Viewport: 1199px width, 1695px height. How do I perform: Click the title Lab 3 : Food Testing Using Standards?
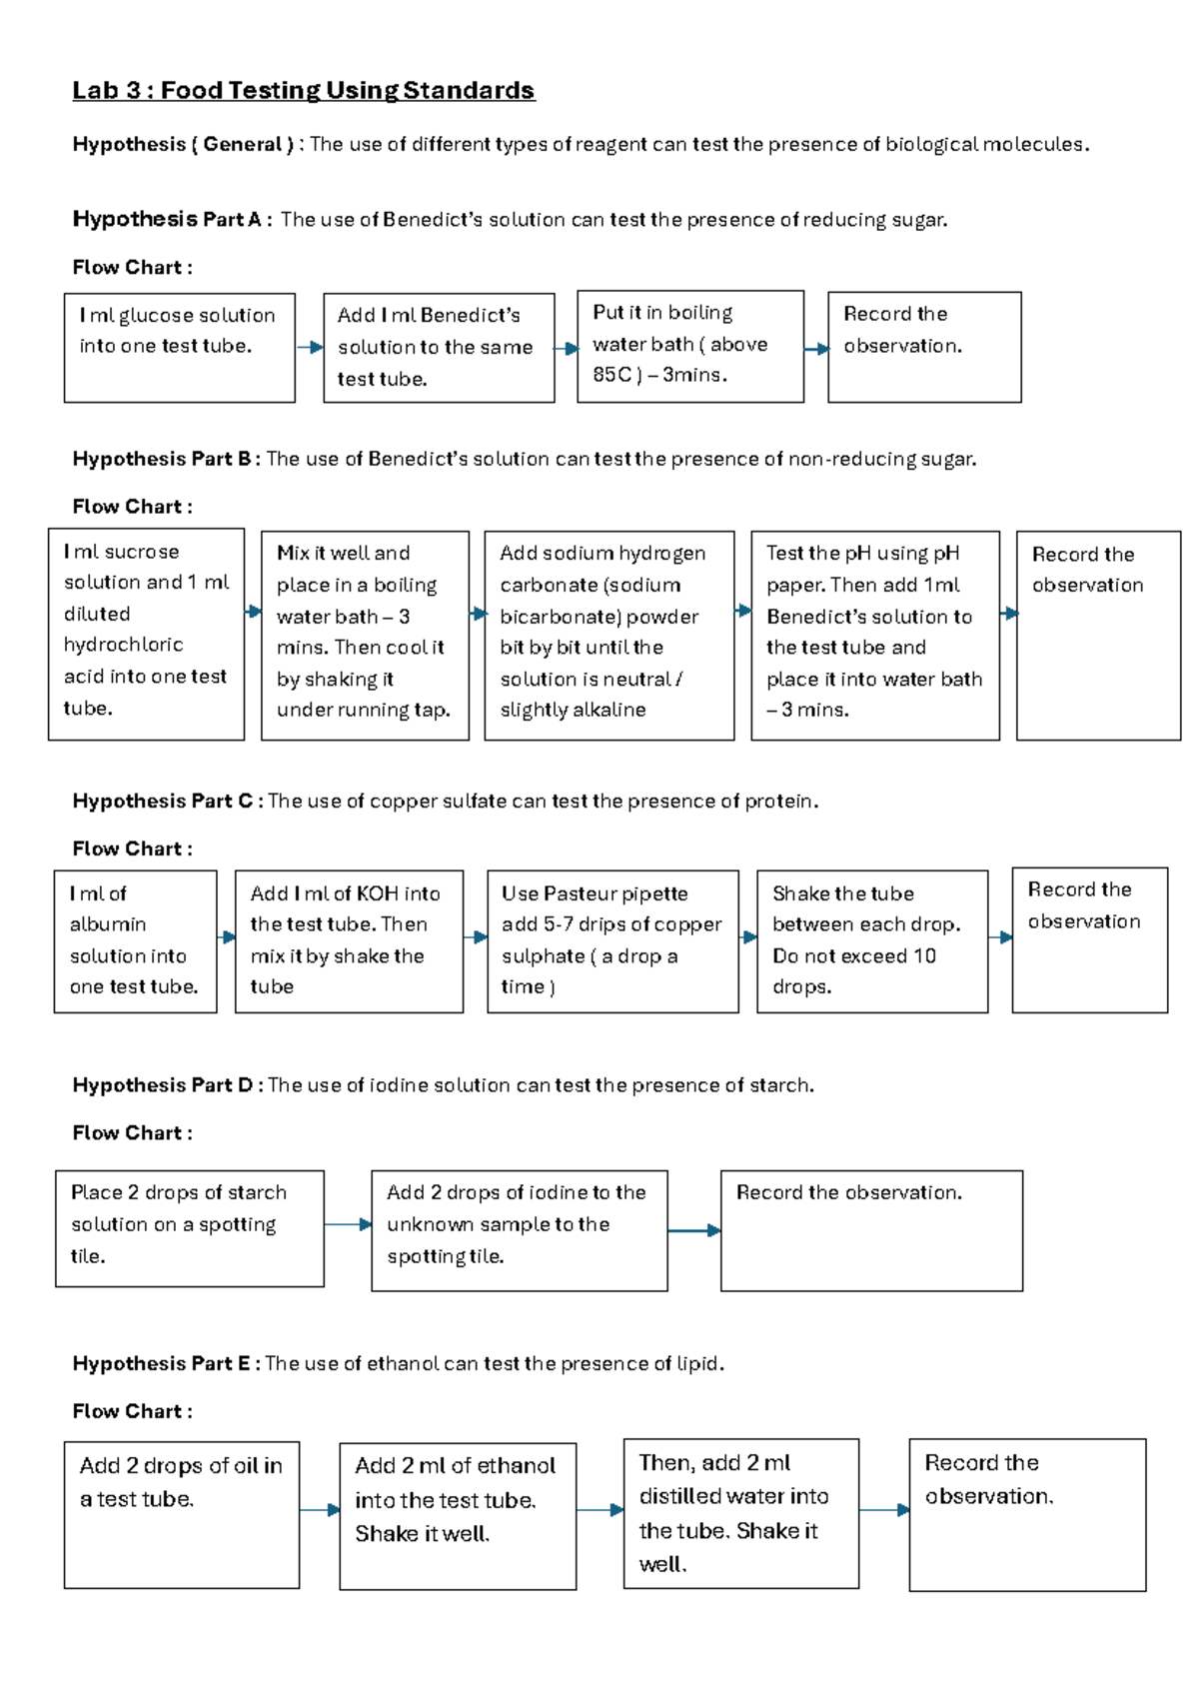click(x=303, y=91)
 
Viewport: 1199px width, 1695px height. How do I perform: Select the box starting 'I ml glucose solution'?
click(x=179, y=348)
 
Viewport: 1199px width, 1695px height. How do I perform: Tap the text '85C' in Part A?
click(x=612, y=375)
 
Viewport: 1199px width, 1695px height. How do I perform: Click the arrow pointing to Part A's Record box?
click(x=816, y=349)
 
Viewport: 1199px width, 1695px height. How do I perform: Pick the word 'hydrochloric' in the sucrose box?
click(x=123, y=645)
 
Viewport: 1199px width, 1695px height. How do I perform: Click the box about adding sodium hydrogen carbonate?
click(x=608, y=636)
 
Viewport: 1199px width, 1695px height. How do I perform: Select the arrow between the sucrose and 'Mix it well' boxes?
click(x=253, y=611)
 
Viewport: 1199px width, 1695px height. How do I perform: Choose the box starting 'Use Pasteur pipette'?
click(x=612, y=941)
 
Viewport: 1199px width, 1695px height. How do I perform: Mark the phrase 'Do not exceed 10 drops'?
click(x=854, y=970)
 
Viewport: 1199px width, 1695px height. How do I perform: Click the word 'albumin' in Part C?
click(x=108, y=924)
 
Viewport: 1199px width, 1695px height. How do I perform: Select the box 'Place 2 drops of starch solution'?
click(x=189, y=1228)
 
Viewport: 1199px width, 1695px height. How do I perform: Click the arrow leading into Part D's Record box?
click(x=695, y=1230)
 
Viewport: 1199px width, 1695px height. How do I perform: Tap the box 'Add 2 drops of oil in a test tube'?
click(x=181, y=1514)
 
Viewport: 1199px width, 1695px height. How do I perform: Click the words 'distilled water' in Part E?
click(x=732, y=1496)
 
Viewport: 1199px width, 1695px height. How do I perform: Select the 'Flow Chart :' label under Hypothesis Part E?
click(x=132, y=1411)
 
